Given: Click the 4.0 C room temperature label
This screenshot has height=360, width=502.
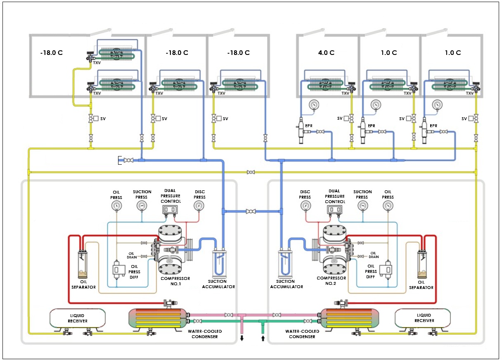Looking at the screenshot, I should [326, 53].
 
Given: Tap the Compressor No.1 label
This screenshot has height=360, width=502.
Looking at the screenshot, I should [175, 281].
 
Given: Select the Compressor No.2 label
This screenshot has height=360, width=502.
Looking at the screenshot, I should [331, 281].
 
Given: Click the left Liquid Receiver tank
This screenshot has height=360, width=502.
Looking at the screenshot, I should [78, 318].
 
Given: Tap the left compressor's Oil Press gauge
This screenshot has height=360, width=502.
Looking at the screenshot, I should [116, 206].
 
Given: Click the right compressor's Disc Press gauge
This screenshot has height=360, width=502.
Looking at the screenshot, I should [305, 206].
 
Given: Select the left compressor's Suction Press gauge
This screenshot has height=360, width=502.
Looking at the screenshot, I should [142, 206].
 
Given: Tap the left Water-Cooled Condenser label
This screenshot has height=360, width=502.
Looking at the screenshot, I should [201, 334].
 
